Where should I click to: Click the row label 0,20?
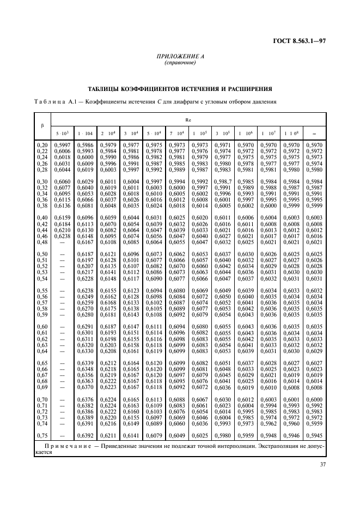point(42,144)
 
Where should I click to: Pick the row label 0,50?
point(42,254)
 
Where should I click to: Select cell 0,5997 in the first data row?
point(63,144)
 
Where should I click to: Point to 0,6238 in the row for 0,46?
point(63,236)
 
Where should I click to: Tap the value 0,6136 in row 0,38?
point(63,205)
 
